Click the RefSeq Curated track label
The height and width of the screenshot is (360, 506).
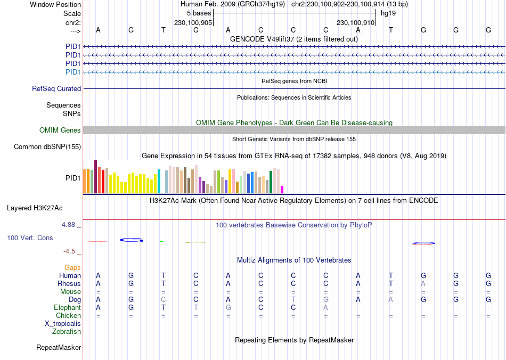[56, 89]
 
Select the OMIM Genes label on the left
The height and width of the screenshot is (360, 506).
[60, 130]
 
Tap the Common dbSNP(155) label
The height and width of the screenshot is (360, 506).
[47, 147]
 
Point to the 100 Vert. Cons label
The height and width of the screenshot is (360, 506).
[30, 238]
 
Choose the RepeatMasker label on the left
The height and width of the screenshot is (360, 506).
[59, 348]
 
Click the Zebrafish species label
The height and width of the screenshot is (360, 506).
[67, 332]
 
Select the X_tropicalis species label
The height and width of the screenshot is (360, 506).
[63, 324]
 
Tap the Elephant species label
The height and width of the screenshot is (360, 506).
[67, 308]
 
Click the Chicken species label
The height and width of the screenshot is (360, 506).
[68, 316]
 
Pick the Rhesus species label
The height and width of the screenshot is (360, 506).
[69, 284]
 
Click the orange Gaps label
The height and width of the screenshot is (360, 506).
[72, 268]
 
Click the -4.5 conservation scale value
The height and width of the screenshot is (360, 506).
[70, 251]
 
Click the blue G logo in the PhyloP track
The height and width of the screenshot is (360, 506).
[132, 240]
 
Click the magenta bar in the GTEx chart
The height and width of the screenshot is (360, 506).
[282, 189]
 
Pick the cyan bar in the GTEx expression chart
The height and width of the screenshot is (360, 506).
[159, 181]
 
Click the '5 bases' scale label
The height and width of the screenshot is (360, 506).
[199, 13]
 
